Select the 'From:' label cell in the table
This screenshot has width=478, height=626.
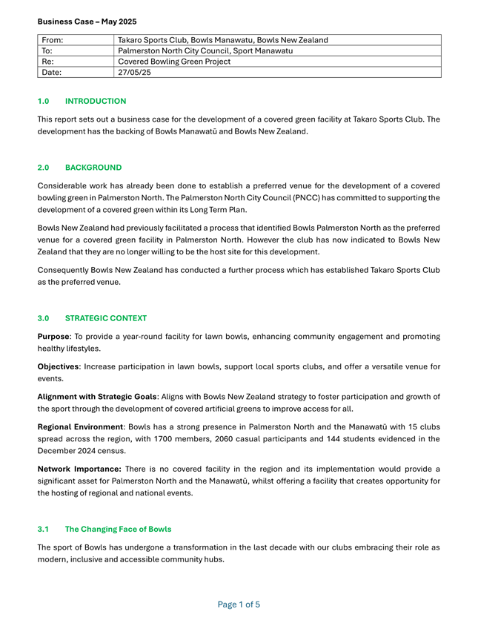53,39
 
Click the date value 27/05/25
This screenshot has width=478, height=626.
135,73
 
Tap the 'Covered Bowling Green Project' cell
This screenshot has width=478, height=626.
174,62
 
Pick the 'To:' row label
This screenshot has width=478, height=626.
47,50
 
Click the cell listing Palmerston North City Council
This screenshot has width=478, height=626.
205,50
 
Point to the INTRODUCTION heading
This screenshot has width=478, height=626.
96,101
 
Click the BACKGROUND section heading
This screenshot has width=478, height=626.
93,168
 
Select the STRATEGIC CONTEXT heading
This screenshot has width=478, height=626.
106,318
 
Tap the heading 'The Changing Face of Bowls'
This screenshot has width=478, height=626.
118,529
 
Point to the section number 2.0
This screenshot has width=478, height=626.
43,168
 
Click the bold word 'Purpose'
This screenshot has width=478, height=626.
54,337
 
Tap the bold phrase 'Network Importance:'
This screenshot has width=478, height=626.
79,469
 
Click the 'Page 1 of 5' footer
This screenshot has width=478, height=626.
239,604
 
